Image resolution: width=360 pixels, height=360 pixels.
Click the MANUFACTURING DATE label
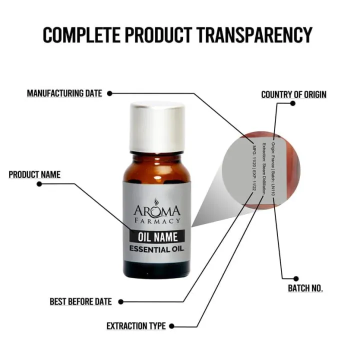(64, 93)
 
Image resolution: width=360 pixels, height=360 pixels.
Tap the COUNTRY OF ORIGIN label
(293, 94)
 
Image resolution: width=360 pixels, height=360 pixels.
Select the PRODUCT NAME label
(34, 174)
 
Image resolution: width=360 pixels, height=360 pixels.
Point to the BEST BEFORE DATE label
(80, 301)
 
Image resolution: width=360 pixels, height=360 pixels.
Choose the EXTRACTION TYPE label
(135, 326)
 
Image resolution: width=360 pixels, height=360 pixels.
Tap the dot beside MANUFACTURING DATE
(110, 93)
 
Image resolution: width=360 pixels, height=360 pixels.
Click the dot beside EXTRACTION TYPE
(171, 326)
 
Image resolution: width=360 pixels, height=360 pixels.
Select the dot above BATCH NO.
(296, 278)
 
